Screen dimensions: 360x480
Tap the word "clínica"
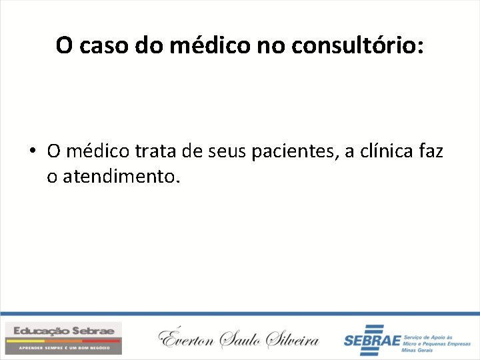point(387,151)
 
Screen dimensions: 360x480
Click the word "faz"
point(431,151)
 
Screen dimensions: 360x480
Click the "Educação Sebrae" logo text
point(63,331)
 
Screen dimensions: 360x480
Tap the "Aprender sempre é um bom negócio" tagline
point(63,347)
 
